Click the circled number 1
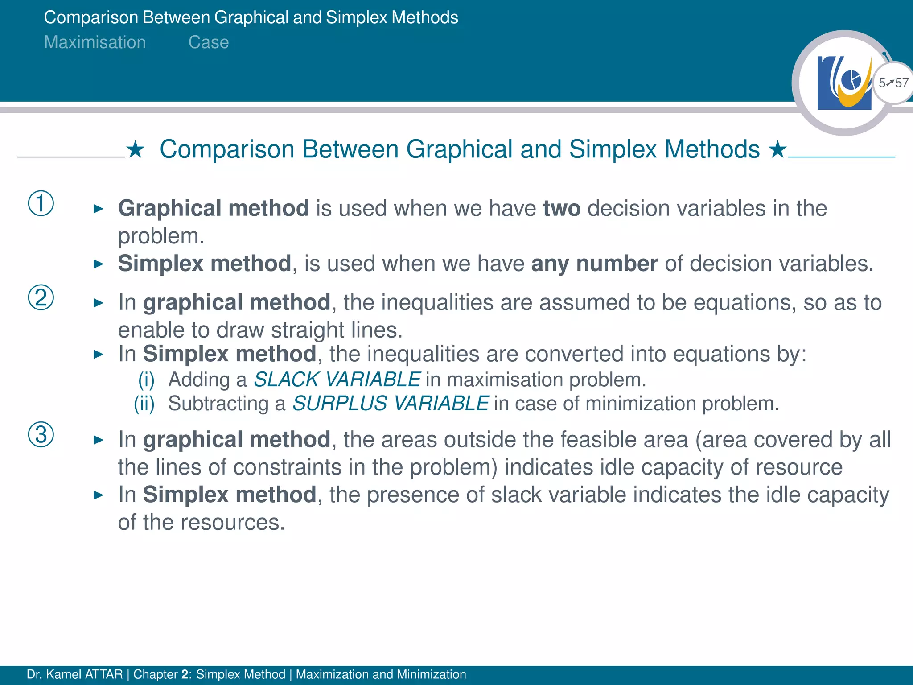click(x=41, y=203)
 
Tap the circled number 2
click(x=41, y=297)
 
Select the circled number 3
click(x=41, y=434)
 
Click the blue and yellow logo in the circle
click(x=844, y=83)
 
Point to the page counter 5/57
click(x=893, y=83)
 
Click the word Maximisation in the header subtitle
click(x=95, y=42)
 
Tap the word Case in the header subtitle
click(x=209, y=42)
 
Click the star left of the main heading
click(x=136, y=150)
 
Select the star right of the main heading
click(x=777, y=150)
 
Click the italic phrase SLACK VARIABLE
click(x=337, y=380)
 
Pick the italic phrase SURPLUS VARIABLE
click(x=391, y=404)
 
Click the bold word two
click(x=562, y=208)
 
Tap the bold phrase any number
click(x=594, y=264)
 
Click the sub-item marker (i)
click(x=146, y=380)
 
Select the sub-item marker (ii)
click(x=144, y=404)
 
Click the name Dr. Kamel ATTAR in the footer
click(x=74, y=674)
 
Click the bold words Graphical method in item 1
click(x=214, y=208)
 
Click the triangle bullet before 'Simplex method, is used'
click(x=99, y=264)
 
